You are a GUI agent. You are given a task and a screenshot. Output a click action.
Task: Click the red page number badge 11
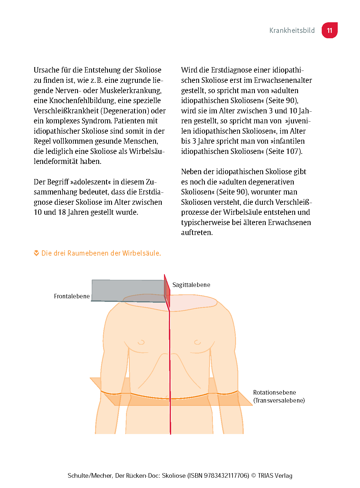tap(329, 30)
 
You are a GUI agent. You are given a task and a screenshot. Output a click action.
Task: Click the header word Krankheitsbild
tap(292, 31)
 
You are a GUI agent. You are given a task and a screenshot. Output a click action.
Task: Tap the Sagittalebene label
tap(191, 285)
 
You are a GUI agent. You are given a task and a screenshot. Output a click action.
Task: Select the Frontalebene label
tap(72, 296)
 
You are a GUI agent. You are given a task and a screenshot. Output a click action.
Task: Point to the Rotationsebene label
tap(274, 392)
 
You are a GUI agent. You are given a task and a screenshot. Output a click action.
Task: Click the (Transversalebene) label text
tap(279, 400)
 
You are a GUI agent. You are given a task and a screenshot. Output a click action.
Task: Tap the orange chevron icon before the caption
tap(36, 253)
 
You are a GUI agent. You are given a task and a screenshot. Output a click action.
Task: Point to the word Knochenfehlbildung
tap(82, 101)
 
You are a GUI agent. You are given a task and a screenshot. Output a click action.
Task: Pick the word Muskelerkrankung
tap(131, 91)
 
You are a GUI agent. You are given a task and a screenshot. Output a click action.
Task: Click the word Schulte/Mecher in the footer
tap(90, 475)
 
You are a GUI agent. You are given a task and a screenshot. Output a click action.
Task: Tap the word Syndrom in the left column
tap(97, 121)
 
